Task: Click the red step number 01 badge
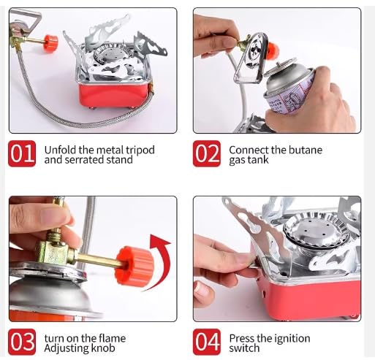click(21, 154)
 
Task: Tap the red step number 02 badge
click(207, 154)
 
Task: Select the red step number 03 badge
click(21, 342)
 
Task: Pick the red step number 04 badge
click(207, 342)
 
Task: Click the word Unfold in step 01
click(61, 150)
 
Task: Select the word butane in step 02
click(306, 150)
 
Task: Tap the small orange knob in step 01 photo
click(50, 42)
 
